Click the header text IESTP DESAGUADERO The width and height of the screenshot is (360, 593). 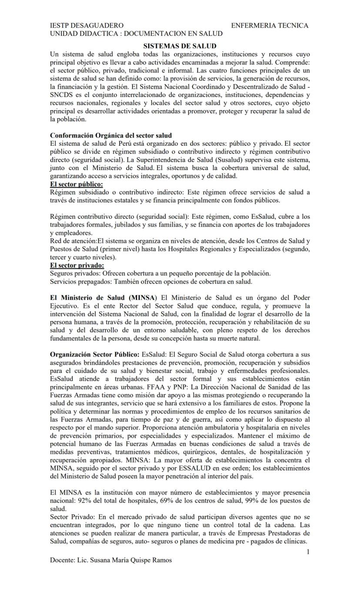tap(87, 26)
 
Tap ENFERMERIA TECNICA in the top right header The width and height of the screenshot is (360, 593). tap(270, 26)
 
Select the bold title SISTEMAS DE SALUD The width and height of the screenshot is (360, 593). tap(180, 46)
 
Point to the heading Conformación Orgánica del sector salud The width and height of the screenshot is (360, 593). tap(111, 135)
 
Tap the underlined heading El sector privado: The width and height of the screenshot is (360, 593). tap(77, 265)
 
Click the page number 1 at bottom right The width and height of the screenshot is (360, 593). tap(308, 552)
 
